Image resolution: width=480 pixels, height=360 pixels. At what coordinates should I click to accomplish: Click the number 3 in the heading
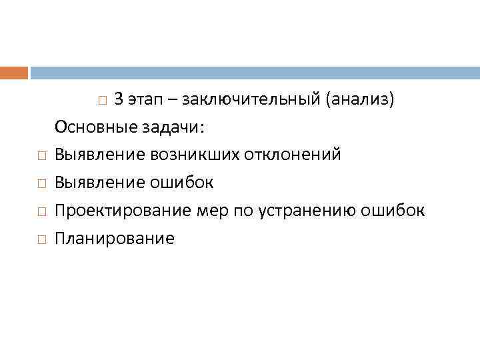118,99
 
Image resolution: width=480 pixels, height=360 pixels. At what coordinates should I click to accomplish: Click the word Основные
88,127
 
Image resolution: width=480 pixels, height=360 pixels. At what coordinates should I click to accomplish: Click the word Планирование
115,239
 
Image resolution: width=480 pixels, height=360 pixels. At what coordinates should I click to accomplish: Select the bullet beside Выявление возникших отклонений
41,156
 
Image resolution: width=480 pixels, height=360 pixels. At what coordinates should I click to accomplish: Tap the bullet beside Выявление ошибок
41,184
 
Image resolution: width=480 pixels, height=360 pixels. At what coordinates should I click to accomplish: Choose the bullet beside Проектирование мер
41,212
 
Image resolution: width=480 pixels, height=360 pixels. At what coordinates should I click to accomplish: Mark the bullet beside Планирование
41,240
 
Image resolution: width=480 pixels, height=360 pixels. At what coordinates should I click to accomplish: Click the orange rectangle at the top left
13,73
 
